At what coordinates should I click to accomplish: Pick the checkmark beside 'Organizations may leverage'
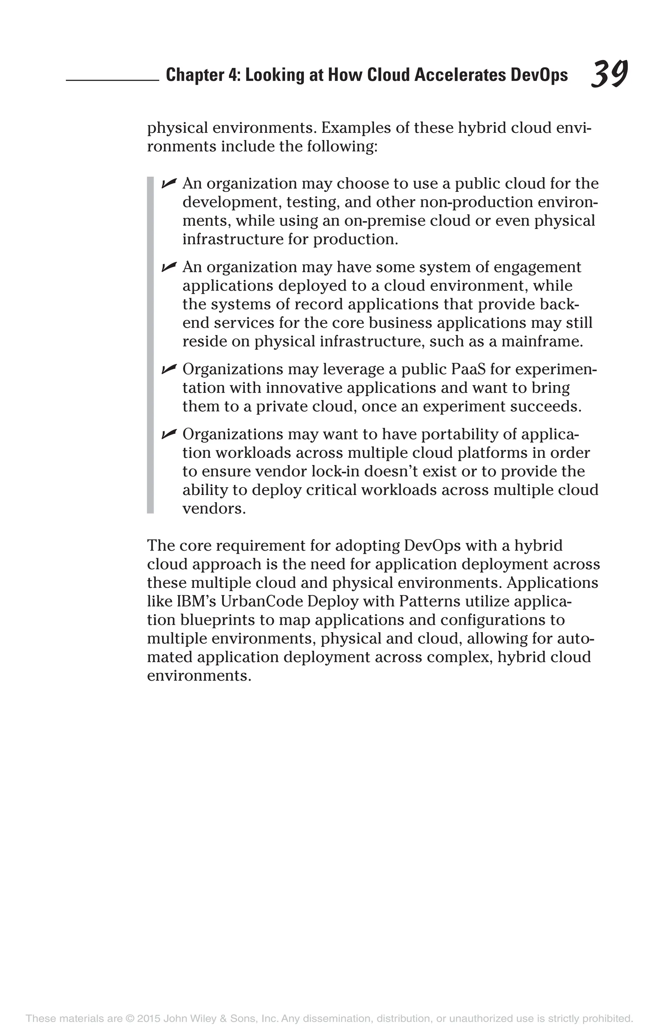click(169, 369)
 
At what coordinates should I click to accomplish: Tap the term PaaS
click(468, 369)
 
